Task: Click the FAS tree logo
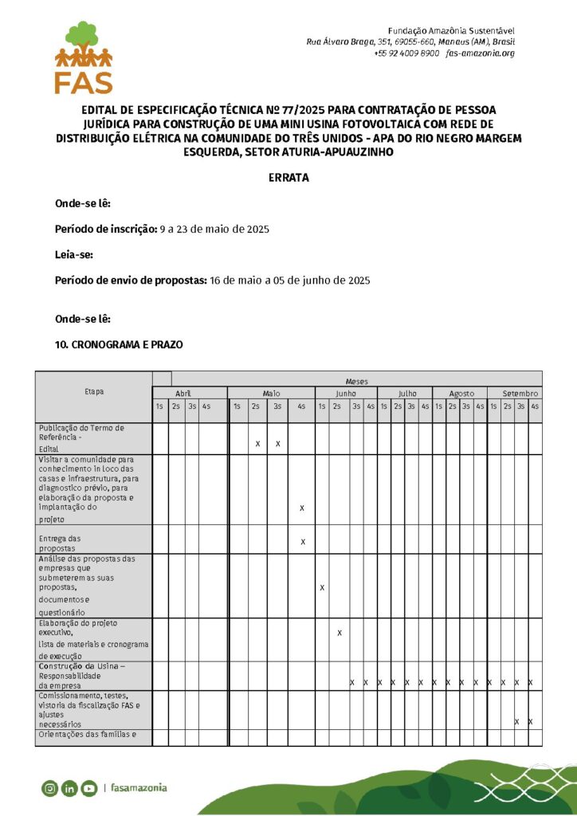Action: pos(84,57)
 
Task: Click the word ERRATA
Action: pos(288,178)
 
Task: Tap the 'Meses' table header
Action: pos(356,382)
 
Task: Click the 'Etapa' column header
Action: pos(94,391)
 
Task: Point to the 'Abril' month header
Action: pos(183,393)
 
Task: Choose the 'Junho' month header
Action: pos(346,393)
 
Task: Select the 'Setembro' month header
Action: pos(520,393)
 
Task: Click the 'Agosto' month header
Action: pos(461,393)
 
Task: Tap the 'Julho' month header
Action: pos(407,393)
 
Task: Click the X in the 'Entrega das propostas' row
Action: pos(302,542)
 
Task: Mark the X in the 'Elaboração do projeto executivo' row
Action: pos(340,633)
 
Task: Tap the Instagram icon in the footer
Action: pos(49,788)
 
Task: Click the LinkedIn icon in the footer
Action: pos(69,788)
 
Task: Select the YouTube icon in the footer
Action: pos(88,788)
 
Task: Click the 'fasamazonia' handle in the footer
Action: pos(139,788)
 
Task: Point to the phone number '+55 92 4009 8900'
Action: pos(406,53)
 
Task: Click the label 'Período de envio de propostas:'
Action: pos(131,280)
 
